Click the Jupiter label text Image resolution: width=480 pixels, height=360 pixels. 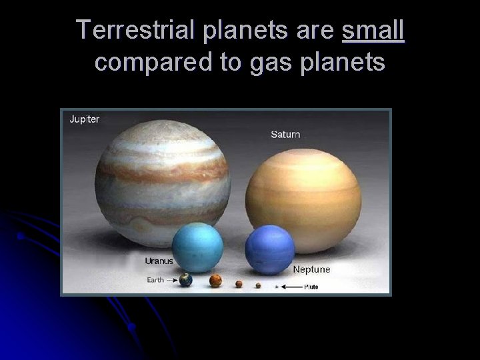pos(85,119)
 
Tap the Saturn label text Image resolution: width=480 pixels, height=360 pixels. pos(285,134)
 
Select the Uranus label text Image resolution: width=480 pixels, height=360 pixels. pos(158,261)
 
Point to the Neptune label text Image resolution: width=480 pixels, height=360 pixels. pos(311,270)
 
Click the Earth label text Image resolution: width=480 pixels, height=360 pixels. pos(156,280)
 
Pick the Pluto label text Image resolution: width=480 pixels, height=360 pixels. pos(311,287)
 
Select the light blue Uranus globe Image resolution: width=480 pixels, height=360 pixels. pos(197,247)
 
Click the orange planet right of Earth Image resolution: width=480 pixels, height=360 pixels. pos(215,281)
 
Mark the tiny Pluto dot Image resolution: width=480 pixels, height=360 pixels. pos(277,287)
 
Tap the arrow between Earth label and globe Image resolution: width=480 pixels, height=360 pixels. pos(172,281)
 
